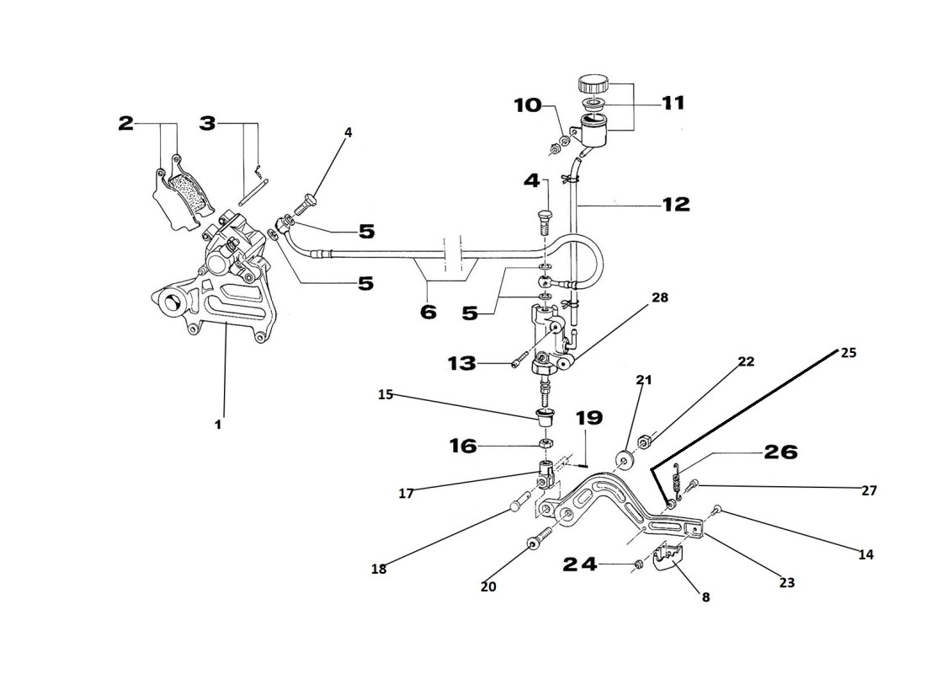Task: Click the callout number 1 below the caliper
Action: pos(217,425)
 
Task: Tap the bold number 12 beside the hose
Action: pos(675,204)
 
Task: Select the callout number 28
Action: pos(660,297)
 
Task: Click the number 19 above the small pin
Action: pos(590,418)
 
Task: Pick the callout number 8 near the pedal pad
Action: pos(705,597)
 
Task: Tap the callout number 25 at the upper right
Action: pos(848,353)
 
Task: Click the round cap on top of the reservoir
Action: pos(593,85)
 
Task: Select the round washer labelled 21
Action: pos(625,461)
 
